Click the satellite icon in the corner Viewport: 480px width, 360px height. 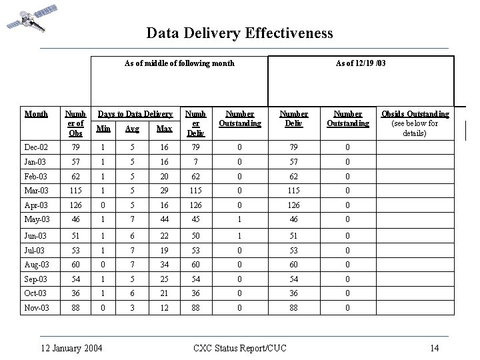26,18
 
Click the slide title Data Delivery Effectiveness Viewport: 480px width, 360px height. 239,33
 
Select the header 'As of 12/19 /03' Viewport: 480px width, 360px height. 361,63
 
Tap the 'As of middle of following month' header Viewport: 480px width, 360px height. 179,63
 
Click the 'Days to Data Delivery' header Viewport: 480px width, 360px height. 135,115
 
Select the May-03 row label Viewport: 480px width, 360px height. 37,220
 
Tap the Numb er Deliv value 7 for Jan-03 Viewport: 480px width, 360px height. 195,163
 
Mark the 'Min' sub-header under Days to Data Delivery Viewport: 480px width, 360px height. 103,128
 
